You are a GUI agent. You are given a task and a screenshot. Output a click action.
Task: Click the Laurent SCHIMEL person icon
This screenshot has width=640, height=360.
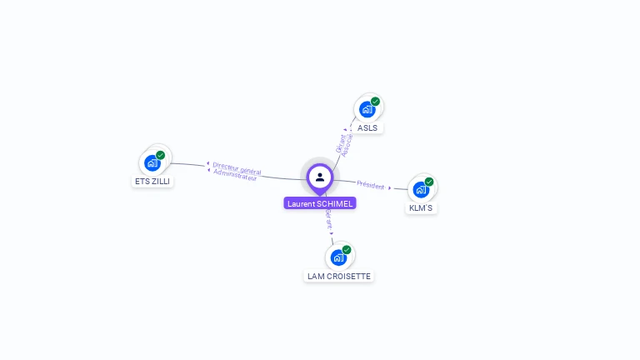coord(320,177)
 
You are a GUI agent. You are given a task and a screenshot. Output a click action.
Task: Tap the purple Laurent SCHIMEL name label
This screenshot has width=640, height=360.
coord(320,203)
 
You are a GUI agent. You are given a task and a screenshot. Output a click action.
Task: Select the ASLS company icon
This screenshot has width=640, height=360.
coord(367,109)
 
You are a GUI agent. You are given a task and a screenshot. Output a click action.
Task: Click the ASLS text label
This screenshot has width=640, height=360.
coord(367,128)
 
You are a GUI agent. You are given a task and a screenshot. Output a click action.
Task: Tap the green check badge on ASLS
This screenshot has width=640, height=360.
coord(376,102)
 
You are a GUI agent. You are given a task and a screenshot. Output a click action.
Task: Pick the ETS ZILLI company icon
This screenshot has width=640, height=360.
coord(152,162)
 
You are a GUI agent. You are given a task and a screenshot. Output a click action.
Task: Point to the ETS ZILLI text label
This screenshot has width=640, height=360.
coord(152,181)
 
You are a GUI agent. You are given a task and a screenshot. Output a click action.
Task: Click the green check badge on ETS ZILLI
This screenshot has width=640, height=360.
coord(161,155)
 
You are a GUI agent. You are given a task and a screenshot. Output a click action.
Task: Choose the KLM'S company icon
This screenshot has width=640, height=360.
coord(421,189)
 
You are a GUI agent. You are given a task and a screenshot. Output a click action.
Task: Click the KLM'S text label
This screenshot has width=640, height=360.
coord(421,208)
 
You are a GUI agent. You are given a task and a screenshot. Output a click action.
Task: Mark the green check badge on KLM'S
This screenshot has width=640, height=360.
coord(429,182)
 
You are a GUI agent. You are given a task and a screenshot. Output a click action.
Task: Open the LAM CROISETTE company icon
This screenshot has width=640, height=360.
coord(338,257)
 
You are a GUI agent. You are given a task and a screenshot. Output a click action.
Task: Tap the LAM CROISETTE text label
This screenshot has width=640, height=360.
coord(339,276)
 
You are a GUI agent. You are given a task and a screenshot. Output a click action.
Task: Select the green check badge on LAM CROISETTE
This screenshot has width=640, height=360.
coord(347,249)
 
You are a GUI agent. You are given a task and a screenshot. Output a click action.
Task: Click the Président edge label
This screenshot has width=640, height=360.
coord(371,185)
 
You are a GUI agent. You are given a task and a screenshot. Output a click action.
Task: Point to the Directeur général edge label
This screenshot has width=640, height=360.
coord(237,167)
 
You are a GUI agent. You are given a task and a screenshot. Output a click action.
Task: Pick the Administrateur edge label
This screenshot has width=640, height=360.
coord(235,176)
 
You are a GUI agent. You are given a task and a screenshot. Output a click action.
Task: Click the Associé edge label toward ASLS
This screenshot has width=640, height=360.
coord(348,145)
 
